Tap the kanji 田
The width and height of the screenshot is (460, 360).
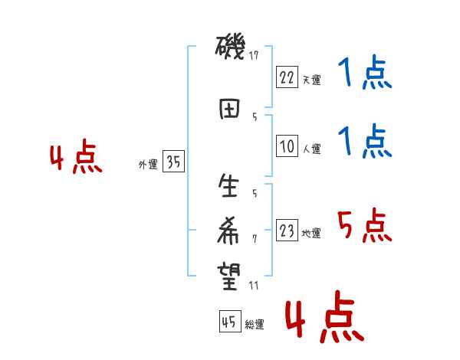tap(229, 108)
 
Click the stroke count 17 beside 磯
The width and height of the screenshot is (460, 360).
tap(255, 55)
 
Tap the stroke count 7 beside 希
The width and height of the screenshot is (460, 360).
tap(255, 238)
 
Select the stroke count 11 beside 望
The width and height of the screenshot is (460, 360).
tap(255, 286)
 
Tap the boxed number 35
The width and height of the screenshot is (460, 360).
tap(173, 162)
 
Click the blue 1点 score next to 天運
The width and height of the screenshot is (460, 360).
tap(363, 74)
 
